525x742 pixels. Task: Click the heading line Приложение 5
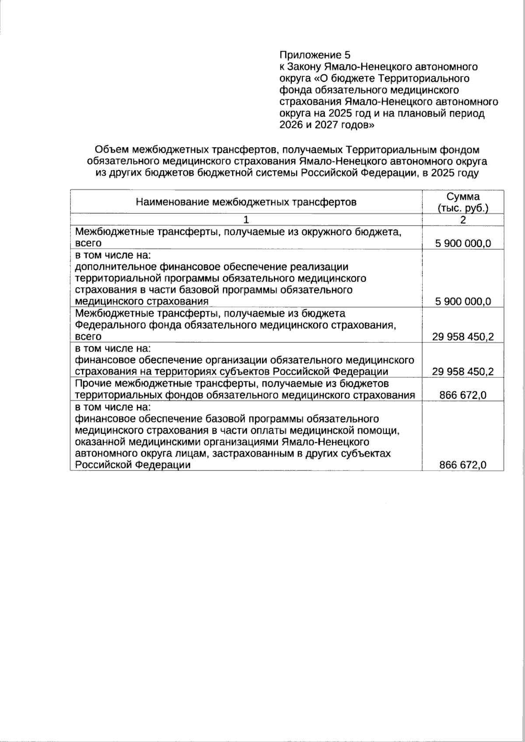pos(315,55)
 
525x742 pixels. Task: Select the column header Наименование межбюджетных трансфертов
pos(246,202)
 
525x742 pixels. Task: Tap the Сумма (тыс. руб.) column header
pos(463,202)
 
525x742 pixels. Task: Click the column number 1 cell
pos(246,219)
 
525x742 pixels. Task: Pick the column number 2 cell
pos(463,219)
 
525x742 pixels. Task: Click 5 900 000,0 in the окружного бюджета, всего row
pos(463,243)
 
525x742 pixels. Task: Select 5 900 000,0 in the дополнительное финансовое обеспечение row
pos(463,301)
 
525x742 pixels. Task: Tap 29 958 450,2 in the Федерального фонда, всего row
pos(463,337)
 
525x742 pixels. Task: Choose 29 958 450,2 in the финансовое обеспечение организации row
pos(463,372)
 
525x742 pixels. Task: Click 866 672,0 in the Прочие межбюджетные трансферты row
pos(463,395)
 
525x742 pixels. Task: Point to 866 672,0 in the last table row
pos(463,465)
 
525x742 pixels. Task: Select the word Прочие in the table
pos(91,383)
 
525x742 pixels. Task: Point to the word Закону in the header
pos(304,67)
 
